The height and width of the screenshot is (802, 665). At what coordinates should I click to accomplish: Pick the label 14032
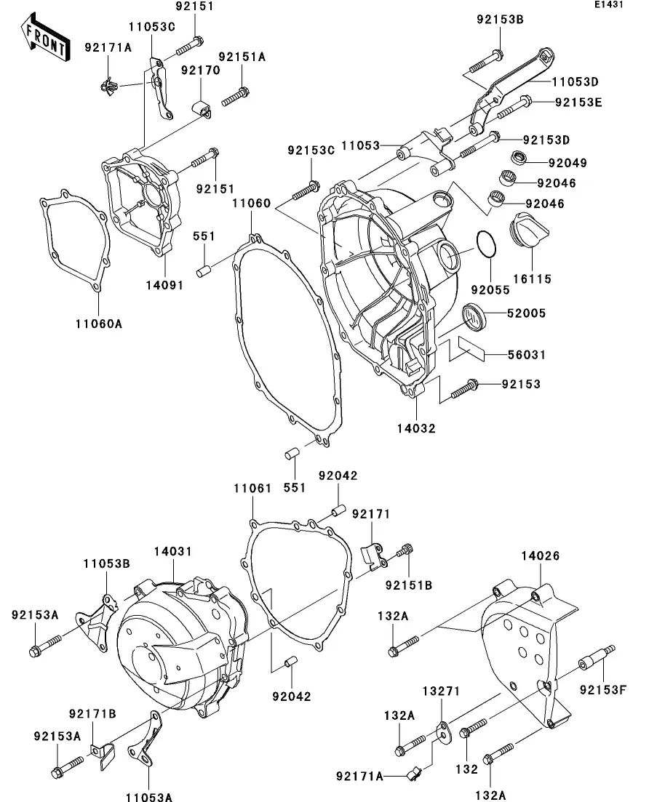[417, 428]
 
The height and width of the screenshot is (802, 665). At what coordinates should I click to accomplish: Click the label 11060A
[96, 324]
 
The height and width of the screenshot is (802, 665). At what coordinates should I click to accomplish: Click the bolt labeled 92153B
[484, 61]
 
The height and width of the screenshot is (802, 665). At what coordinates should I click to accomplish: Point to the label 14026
[540, 556]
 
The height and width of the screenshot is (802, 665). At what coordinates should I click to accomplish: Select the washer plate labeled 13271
[443, 730]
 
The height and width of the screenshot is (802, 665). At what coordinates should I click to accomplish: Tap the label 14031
[173, 552]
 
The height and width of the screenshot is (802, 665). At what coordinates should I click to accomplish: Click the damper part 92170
[202, 109]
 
